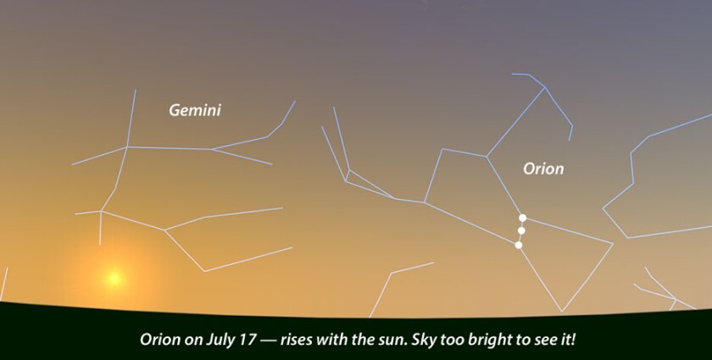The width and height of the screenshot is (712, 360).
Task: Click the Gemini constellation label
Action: (x=195, y=110)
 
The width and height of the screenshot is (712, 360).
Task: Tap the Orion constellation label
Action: (x=543, y=169)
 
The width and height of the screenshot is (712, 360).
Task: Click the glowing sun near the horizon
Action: (x=113, y=277)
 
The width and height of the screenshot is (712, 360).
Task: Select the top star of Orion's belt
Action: (x=523, y=218)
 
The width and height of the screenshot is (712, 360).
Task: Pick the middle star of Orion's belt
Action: (x=521, y=230)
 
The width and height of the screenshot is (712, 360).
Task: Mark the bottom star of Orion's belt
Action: (x=519, y=245)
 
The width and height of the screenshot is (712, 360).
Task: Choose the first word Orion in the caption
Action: (x=159, y=340)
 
